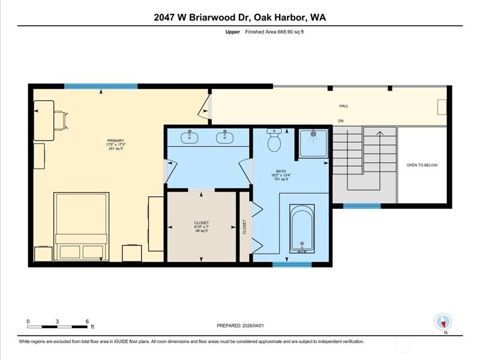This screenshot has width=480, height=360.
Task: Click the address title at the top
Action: (x=240, y=17)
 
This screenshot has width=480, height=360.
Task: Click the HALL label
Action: (x=344, y=106)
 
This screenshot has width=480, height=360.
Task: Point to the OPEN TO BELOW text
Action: (x=422, y=165)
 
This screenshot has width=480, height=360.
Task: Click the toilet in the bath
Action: (x=275, y=140)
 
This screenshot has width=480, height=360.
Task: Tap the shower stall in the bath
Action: (x=313, y=143)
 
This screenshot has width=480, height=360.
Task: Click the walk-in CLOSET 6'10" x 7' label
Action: (x=202, y=226)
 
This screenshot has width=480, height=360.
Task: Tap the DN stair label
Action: (x=341, y=121)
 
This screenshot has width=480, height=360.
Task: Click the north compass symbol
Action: (x=444, y=322)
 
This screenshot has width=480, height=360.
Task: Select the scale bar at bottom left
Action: (x=59, y=326)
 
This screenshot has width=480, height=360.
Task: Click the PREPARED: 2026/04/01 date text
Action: (x=240, y=326)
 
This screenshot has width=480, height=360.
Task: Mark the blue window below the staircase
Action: (x=362, y=206)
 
